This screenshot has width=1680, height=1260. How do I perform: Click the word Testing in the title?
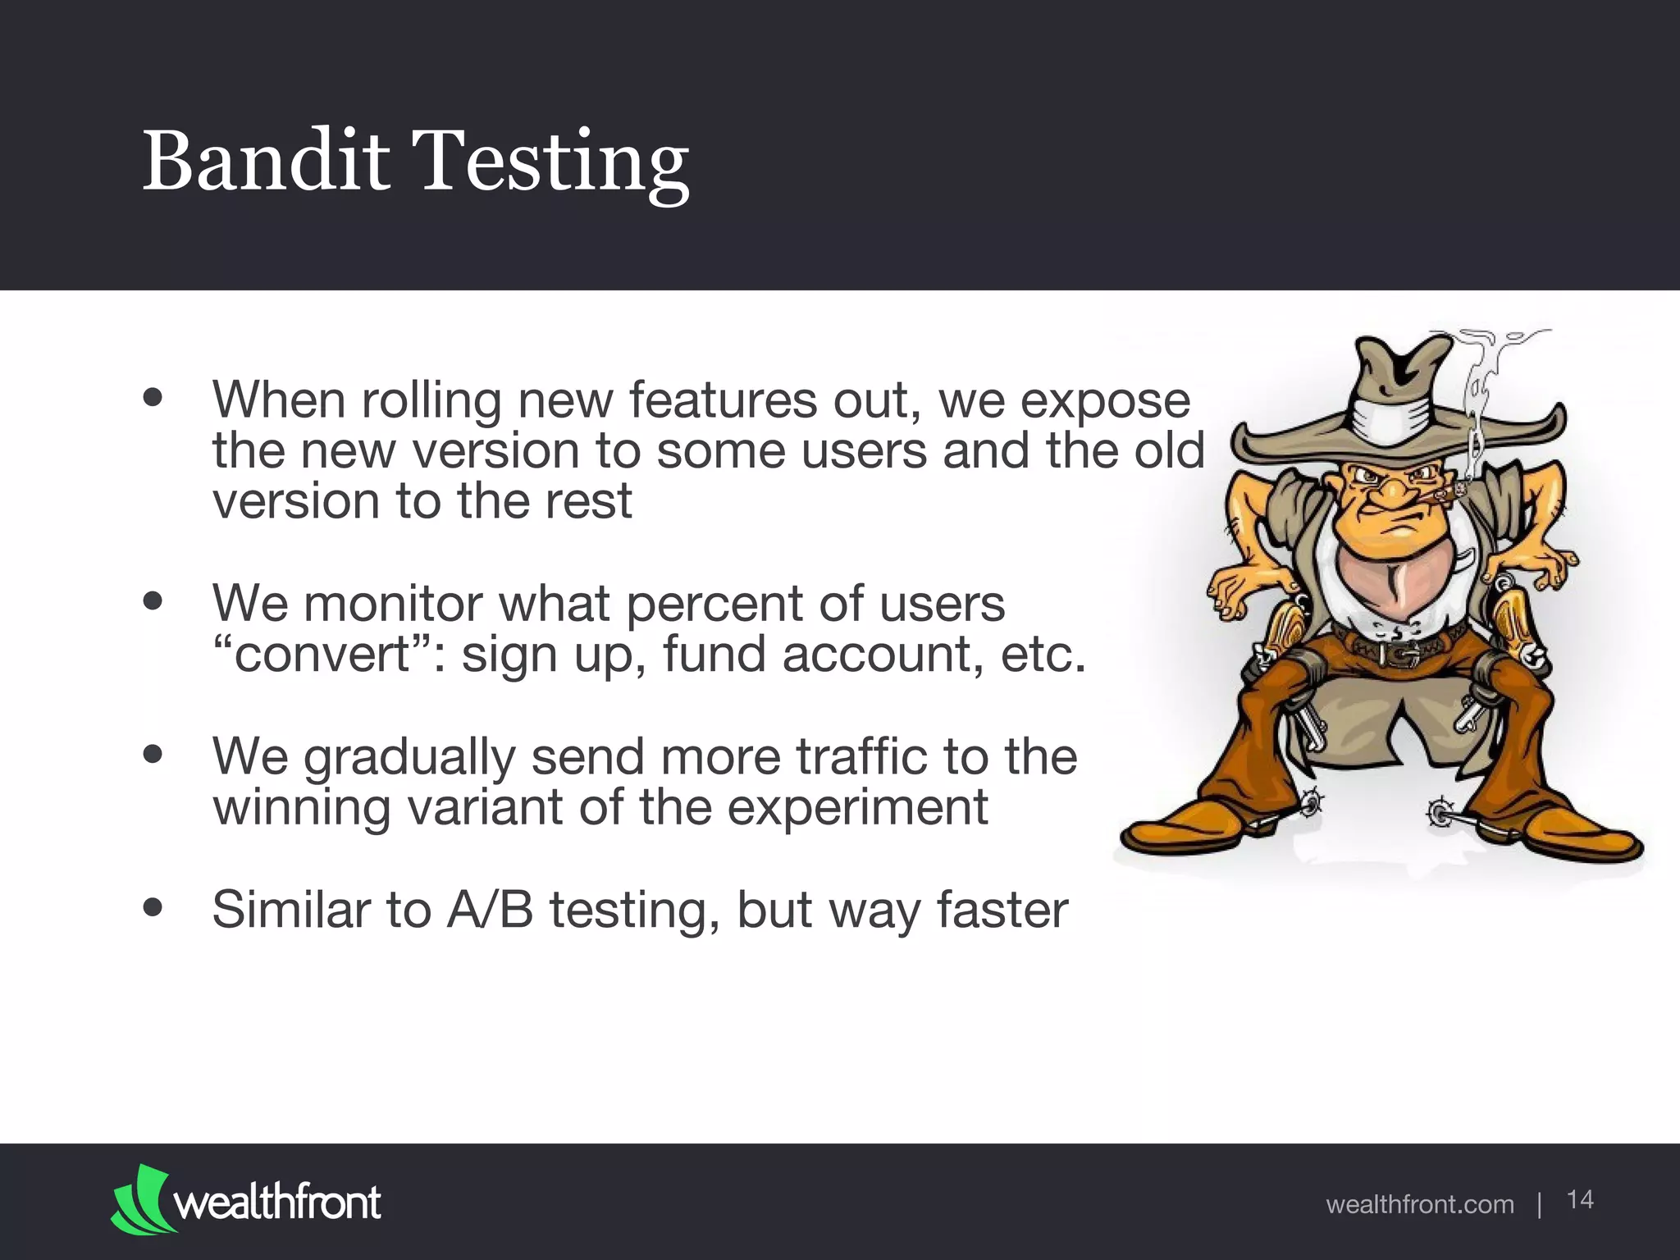click(553, 164)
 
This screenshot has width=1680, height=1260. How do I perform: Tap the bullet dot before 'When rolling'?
click(153, 398)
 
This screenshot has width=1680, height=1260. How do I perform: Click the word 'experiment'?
click(857, 808)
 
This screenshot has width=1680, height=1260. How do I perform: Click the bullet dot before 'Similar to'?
click(153, 908)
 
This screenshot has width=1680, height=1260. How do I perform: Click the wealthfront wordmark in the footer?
click(277, 1203)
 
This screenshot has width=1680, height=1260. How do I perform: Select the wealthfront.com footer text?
click(1419, 1204)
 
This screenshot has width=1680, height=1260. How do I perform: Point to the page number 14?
click(1580, 1199)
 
